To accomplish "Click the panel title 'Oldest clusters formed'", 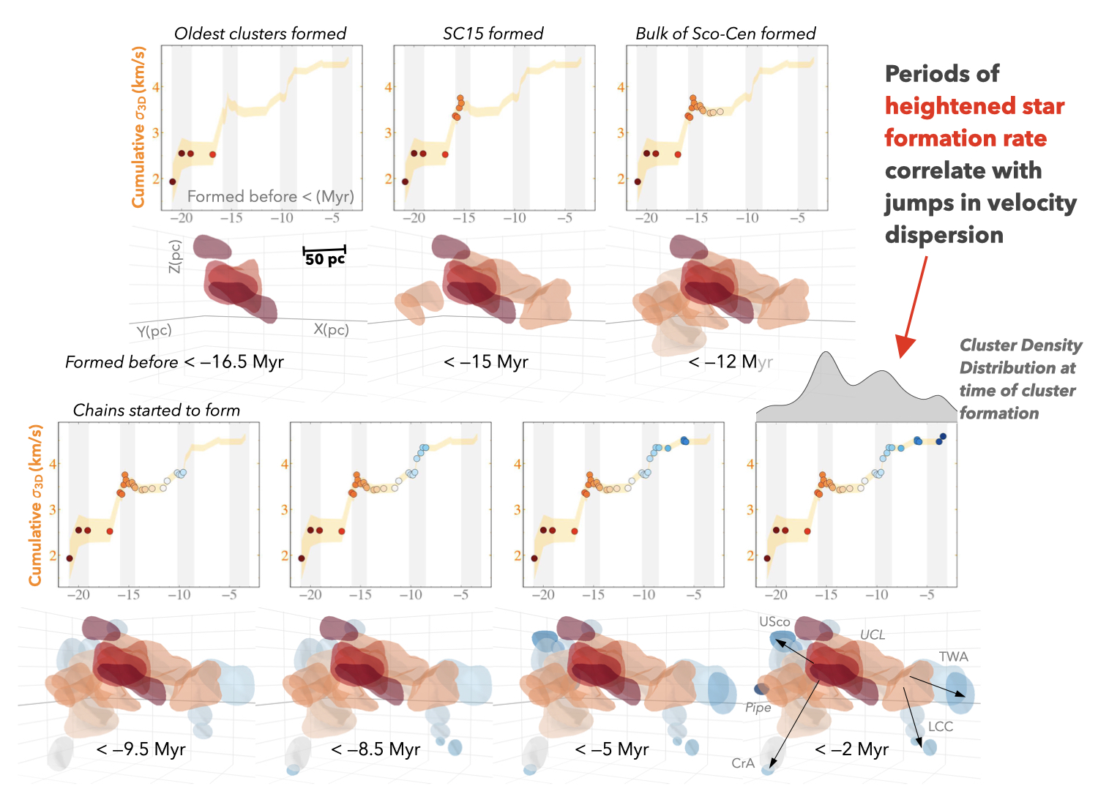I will point(260,34).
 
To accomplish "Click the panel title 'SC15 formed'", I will point(493,34).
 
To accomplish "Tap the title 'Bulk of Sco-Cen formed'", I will point(725,34).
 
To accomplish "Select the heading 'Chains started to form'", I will point(157,411).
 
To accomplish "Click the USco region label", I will point(774,622).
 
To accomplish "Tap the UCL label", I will point(872,634).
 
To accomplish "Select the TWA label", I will point(953,657).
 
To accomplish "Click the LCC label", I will point(941,727).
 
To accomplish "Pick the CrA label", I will point(743,763).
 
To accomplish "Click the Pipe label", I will point(758,708).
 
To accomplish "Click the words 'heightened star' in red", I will point(974,106).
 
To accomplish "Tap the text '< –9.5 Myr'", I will point(141,749).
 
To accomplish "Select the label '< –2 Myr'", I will point(851,749).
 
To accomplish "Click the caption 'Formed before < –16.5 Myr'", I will point(174,362).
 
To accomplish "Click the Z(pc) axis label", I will point(174,257).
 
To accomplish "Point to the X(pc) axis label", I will point(331,330).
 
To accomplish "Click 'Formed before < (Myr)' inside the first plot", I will point(270,196).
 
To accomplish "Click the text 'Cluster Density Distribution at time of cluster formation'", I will point(1020,379).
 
